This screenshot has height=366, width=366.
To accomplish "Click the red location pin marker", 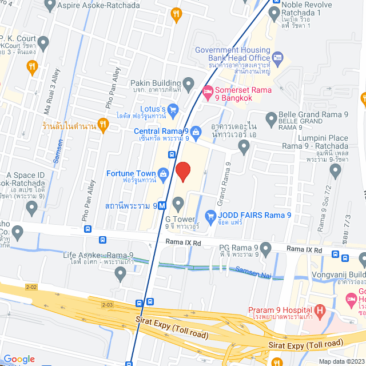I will tap(182, 171).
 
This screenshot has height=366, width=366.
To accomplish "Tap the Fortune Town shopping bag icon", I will tap(164, 173).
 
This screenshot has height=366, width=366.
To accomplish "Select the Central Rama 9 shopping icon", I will tap(196, 132).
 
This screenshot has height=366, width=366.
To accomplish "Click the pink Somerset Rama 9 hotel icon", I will tap(208, 91).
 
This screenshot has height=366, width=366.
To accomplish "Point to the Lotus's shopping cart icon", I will tap(174, 109).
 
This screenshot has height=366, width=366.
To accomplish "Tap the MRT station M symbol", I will tap(162, 205).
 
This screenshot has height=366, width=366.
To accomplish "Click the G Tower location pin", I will tap(178, 203).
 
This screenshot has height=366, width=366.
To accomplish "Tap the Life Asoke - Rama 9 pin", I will tap(120, 274).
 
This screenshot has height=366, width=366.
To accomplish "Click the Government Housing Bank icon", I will tap(278, 57).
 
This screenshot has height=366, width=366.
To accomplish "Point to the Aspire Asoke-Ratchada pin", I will tap(50, 6).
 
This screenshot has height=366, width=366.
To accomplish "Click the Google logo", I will tap(19, 359).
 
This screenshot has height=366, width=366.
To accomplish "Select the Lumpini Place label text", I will tap(323, 138).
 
